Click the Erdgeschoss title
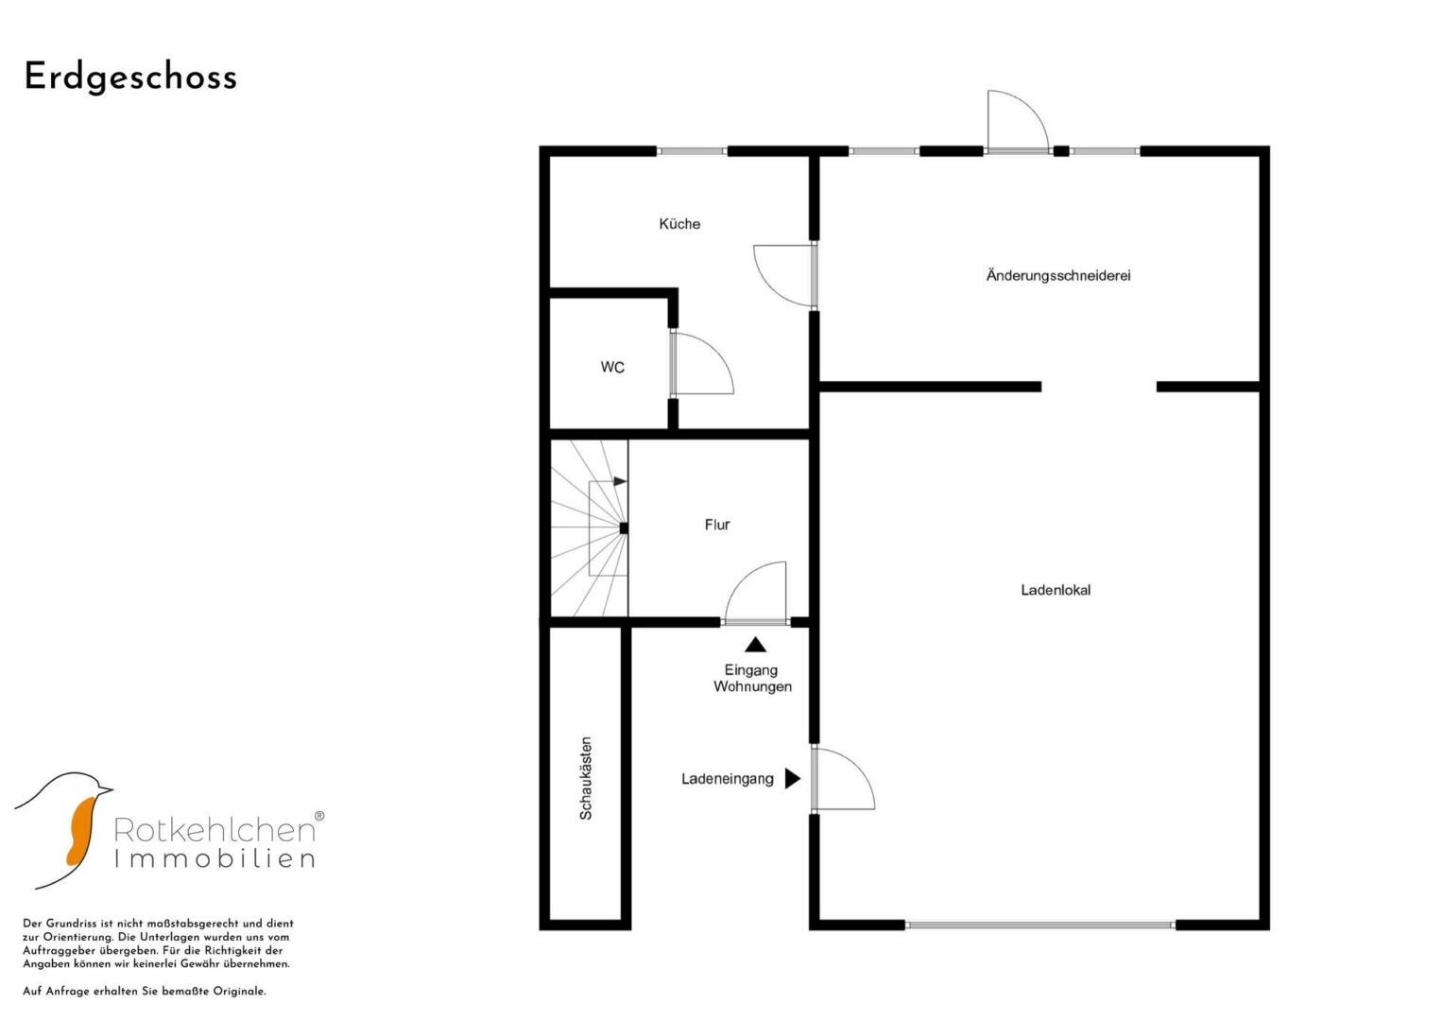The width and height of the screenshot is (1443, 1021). click(130, 78)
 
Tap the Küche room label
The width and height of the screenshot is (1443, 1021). click(679, 224)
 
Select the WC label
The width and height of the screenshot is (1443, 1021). click(612, 368)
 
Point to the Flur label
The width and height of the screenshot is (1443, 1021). click(717, 525)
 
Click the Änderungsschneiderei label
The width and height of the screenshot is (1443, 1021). click(1058, 275)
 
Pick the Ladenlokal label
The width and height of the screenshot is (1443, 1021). click(1056, 590)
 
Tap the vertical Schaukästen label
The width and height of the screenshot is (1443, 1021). click(586, 778)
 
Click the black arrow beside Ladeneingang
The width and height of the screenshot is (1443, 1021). click(792, 779)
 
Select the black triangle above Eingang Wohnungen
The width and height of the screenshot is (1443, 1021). click(756, 645)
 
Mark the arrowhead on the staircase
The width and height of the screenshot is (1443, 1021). click(620, 481)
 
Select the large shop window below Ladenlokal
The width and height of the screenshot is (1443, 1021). click(1039, 925)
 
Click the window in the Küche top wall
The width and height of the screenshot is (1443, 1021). click(692, 151)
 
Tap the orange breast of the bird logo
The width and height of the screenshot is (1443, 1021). click(81, 830)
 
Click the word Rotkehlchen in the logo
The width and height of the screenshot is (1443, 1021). click(215, 830)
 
